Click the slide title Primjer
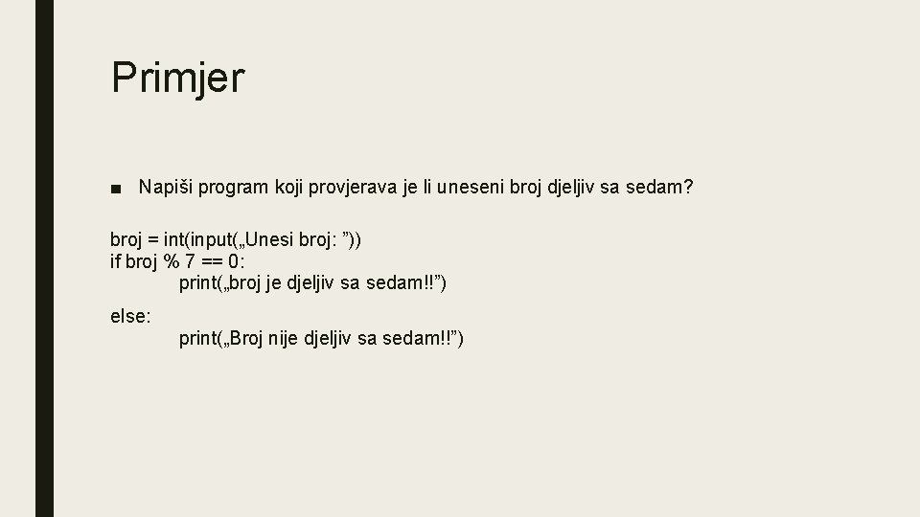point(178,79)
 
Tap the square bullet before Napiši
point(116,188)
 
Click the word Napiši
point(165,187)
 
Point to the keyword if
point(116,261)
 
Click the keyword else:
point(130,315)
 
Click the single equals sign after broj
point(153,239)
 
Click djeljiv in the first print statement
point(317,283)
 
